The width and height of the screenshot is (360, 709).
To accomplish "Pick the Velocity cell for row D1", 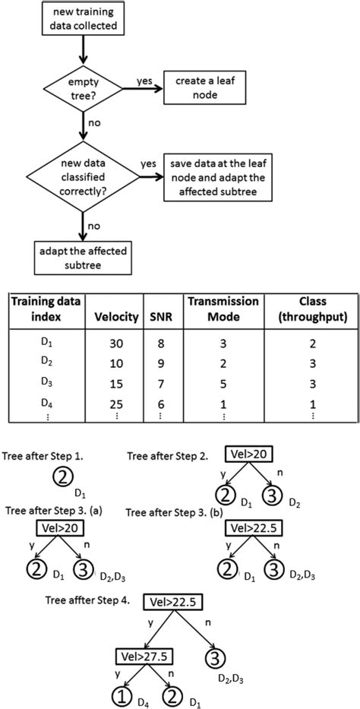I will coord(117,343).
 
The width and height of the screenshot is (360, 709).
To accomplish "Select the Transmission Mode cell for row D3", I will coord(223,381).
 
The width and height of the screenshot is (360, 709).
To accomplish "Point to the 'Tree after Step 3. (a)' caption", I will coord(56,508).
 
